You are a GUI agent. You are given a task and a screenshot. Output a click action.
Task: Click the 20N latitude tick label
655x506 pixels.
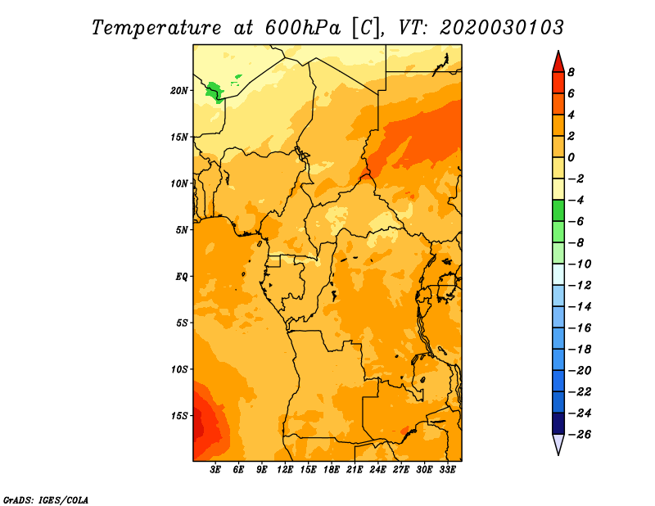pos(178,91)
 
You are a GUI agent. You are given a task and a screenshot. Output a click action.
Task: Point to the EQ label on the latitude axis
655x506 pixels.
pos(181,277)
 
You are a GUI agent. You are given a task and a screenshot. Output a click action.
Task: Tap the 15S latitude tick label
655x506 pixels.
pos(178,416)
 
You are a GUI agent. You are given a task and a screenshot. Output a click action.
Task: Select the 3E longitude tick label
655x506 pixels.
pos(215,470)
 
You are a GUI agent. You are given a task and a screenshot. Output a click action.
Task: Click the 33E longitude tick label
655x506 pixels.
pos(447,470)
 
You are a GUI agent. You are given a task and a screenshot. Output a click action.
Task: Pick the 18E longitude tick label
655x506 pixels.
pos(332,470)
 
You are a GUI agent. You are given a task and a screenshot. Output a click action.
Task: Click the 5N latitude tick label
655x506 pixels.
pos(182,230)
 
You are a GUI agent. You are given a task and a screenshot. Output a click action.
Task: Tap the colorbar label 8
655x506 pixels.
pos(571,72)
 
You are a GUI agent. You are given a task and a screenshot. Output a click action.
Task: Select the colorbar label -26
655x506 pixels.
pos(580,435)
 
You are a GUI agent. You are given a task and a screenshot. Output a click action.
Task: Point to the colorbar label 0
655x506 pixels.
pos(571,157)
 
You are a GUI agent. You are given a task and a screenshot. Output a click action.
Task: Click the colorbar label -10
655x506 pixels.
pos(580,264)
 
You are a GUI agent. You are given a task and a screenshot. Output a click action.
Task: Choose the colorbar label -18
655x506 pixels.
pos(580,350)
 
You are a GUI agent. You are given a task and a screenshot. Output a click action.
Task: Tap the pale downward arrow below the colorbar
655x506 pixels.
pos(558,443)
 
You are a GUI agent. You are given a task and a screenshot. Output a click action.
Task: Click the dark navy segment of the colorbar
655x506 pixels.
pos(558,423)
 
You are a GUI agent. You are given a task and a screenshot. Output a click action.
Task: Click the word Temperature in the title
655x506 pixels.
pos(156,28)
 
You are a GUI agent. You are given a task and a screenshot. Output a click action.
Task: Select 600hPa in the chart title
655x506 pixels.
pos(303,28)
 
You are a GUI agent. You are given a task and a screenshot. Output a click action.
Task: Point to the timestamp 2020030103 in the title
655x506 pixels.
pos(502,28)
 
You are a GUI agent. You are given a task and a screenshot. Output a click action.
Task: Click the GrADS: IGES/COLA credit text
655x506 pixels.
pos(46,499)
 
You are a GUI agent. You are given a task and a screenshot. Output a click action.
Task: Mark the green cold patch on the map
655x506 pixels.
pos(215,92)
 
